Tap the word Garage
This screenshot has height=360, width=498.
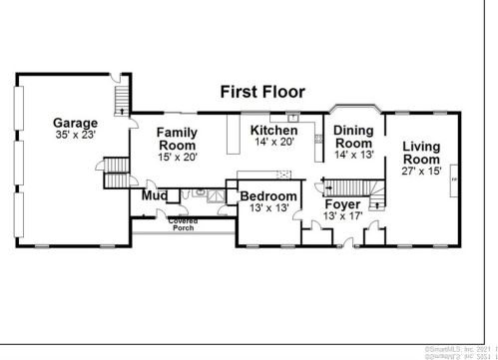click(x=76, y=124)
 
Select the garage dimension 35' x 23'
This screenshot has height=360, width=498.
click(x=76, y=136)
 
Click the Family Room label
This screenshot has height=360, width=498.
click(x=177, y=138)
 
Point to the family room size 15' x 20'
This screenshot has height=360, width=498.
click(x=177, y=157)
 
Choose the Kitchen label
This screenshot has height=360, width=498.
click(x=273, y=131)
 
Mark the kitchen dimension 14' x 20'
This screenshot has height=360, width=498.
click(x=273, y=144)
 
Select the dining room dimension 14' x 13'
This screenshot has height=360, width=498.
click(x=353, y=156)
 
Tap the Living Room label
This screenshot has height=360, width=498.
click(x=421, y=154)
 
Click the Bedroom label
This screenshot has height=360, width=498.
click(x=268, y=196)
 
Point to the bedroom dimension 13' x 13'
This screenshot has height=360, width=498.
click(x=268, y=209)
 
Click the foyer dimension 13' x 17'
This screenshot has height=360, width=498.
click(x=342, y=216)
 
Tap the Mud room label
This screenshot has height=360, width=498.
click(x=154, y=196)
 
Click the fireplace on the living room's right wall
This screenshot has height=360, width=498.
click(x=455, y=180)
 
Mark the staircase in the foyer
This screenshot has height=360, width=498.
click(x=353, y=186)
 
